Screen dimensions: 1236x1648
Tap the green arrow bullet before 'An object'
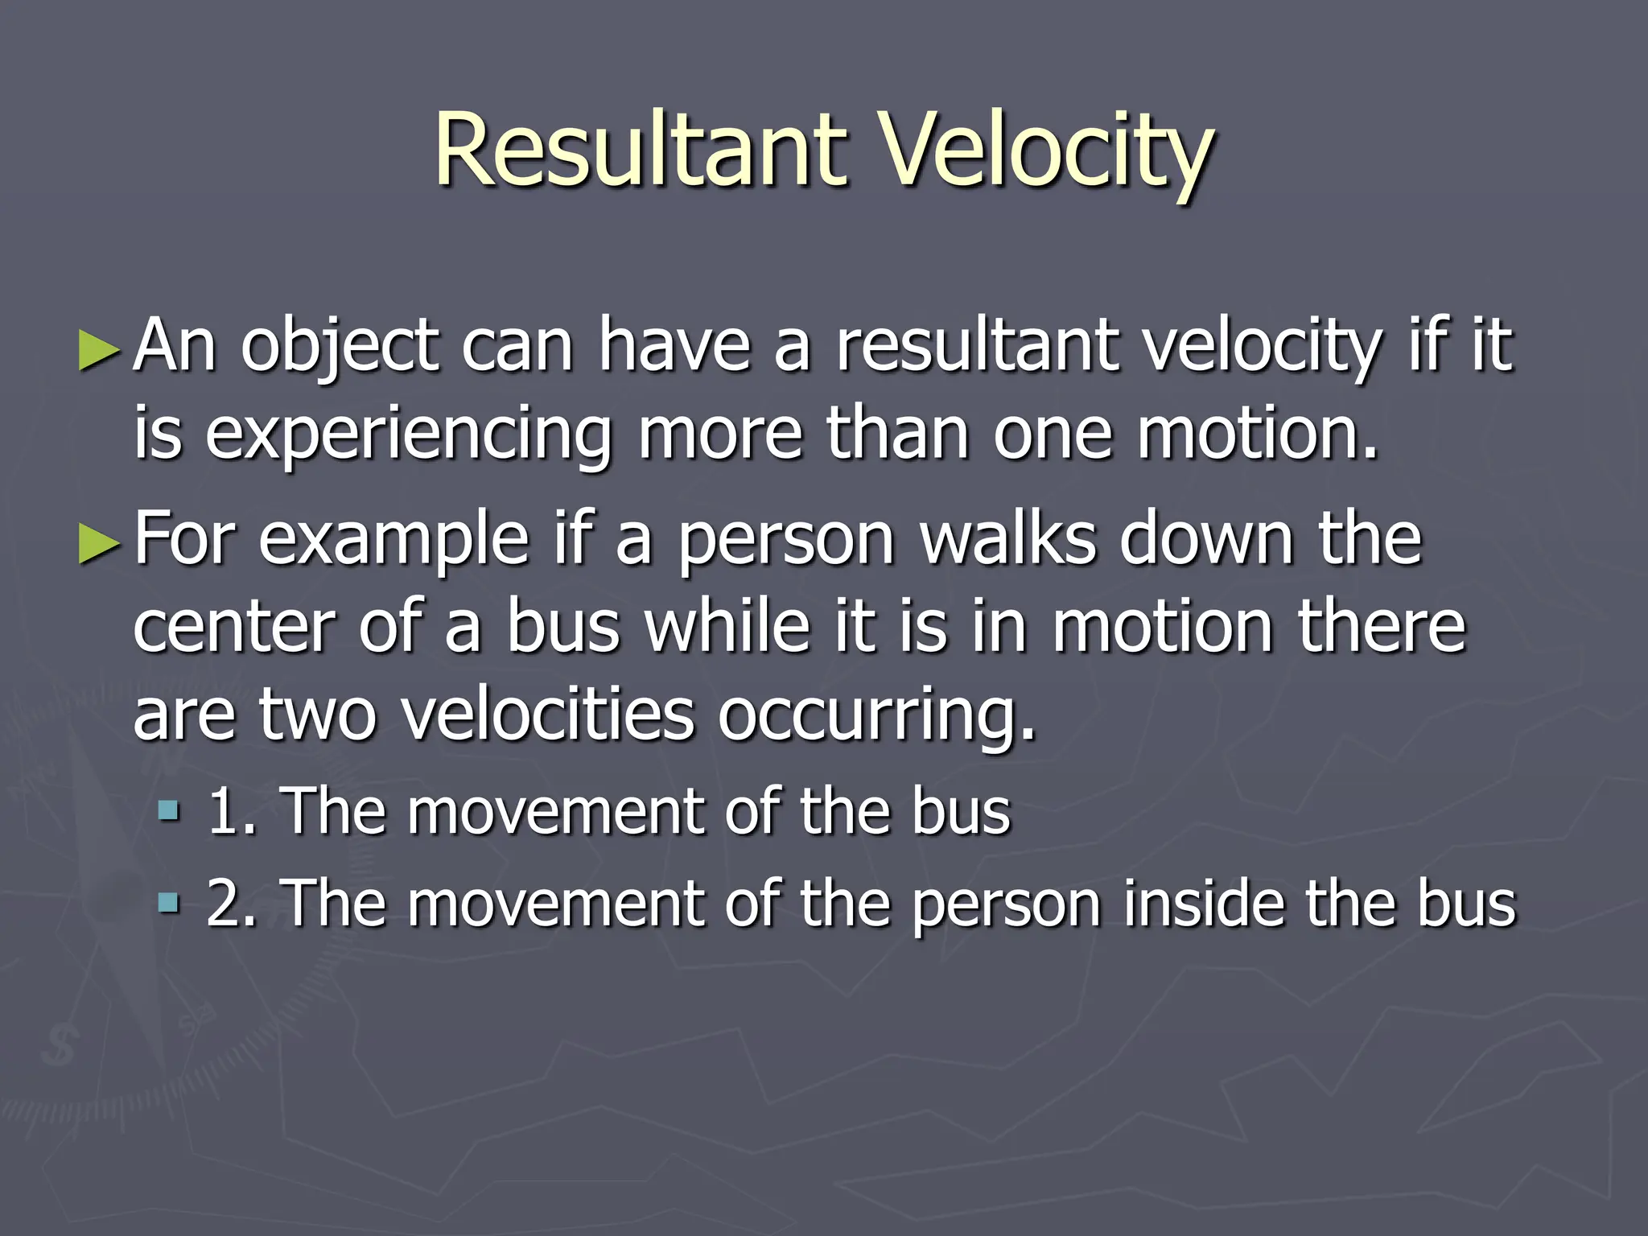click(100, 352)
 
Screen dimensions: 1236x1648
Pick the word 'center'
click(233, 628)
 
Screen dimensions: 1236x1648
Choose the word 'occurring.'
click(877, 716)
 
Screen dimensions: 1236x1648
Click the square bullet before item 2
click(169, 902)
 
